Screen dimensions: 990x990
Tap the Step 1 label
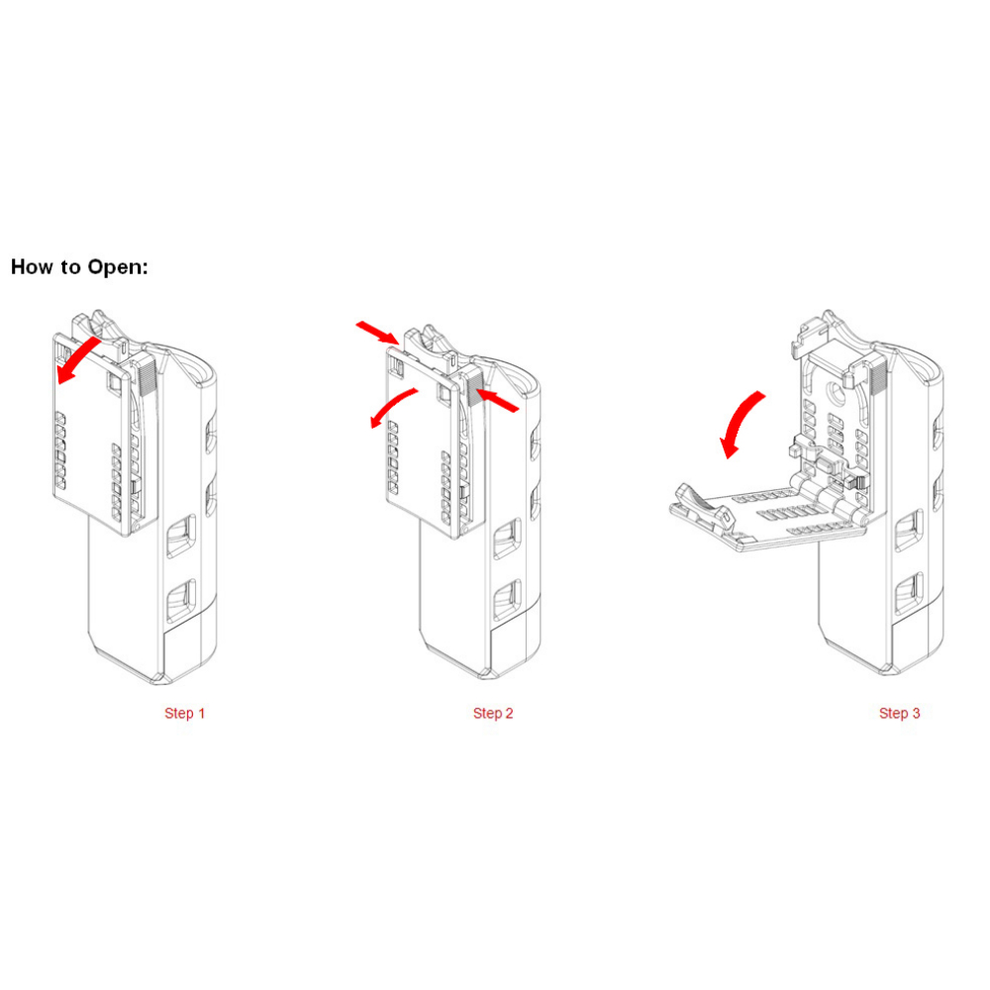click(x=184, y=714)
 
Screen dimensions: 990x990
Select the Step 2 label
click(x=493, y=714)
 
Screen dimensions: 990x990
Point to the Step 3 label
click(x=900, y=714)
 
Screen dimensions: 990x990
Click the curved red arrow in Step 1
click(x=76, y=360)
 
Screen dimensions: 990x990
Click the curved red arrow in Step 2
click(x=393, y=407)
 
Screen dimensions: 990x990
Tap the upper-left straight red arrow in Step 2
click(x=377, y=333)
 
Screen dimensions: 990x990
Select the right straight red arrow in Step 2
click(x=498, y=400)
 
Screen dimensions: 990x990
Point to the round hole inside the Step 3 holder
click(x=839, y=395)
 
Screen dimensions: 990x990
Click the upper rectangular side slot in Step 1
click(x=181, y=536)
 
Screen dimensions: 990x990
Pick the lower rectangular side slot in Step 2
click(x=508, y=600)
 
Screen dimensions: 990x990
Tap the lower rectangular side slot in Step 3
click(x=910, y=593)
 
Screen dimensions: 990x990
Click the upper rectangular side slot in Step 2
click(x=508, y=539)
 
